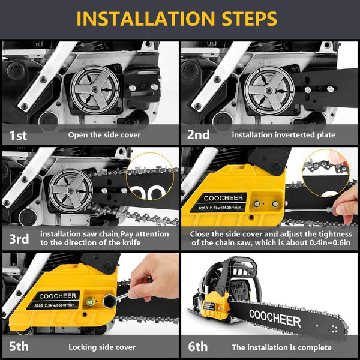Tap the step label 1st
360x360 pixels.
tap(18, 135)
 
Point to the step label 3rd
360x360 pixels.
tap(19, 239)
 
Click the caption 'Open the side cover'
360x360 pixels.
tap(104, 135)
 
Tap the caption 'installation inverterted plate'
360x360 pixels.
tap(284, 135)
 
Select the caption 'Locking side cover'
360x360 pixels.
tap(102, 347)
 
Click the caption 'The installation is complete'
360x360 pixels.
tap(281, 347)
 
